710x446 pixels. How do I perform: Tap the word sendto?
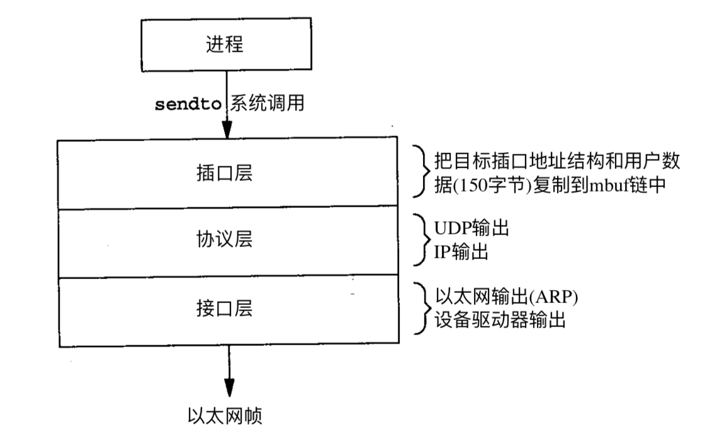point(188,104)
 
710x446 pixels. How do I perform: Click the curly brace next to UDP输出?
point(421,241)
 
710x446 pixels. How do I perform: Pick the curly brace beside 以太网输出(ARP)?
point(421,309)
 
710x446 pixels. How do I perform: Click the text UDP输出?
point(472,228)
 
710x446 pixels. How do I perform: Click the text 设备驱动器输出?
point(500,321)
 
